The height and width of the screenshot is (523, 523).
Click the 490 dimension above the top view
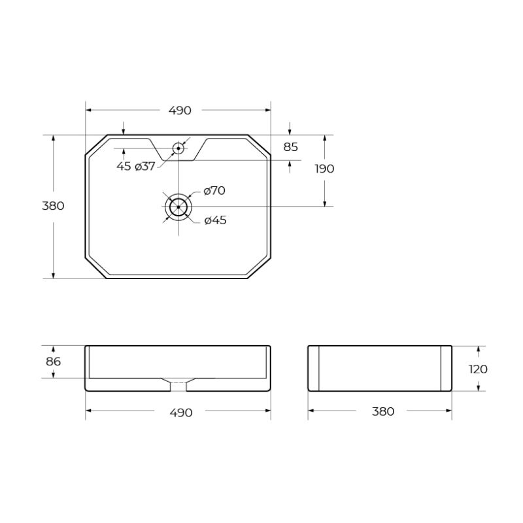point(180,110)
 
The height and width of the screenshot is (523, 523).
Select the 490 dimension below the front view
point(180,413)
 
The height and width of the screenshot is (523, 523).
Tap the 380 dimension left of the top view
point(53,206)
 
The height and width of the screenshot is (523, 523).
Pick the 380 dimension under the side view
point(383,411)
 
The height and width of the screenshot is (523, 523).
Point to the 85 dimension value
point(291,147)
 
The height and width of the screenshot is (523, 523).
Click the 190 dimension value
point(324,169)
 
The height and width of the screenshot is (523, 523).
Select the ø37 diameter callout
point(145,166)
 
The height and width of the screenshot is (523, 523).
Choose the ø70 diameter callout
point(214,191)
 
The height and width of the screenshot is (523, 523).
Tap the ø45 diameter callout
point(215,220)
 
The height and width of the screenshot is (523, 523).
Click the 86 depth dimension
point(53,362)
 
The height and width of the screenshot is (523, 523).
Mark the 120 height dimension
point(478,369)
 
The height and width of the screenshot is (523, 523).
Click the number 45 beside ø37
point(124,166)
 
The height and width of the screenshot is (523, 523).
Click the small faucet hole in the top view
point(178,148)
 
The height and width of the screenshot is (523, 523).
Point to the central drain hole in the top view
point(178,207)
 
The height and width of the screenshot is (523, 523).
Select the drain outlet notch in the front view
point(178,385)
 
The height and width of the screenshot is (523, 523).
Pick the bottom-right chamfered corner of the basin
point(260,268)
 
